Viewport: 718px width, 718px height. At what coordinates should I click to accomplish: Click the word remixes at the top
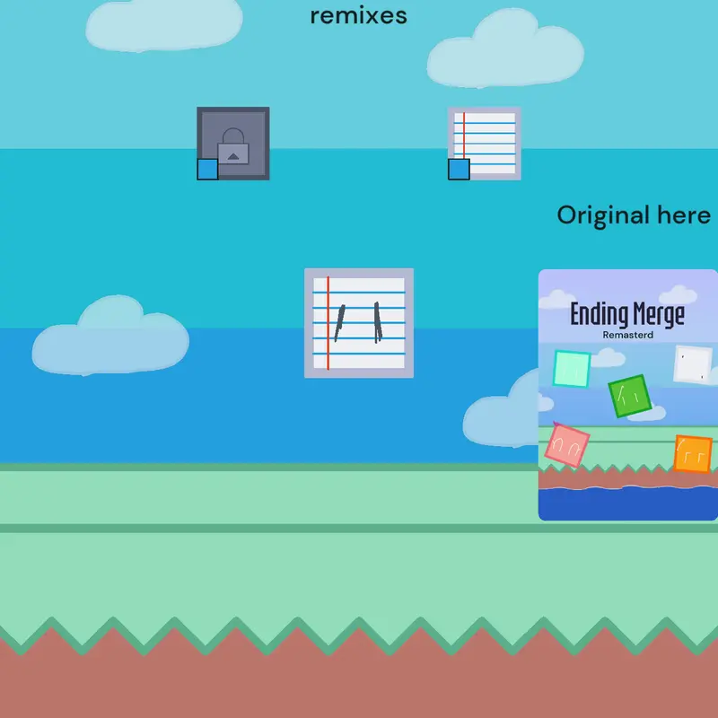358,15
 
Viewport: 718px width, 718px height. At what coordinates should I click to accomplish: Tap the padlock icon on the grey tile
233,146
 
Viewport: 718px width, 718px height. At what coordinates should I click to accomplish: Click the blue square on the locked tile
207,169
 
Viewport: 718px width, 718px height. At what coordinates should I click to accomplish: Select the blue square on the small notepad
459,169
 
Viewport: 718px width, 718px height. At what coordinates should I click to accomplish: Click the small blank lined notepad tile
485,144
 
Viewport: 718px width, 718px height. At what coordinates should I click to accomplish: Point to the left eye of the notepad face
339,323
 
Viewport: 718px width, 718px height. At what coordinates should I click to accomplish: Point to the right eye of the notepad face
378,322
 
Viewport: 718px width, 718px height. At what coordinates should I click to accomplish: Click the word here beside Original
684,215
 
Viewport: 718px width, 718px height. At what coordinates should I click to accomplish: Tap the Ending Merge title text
627,315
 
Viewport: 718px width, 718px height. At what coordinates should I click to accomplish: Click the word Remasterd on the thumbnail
627,335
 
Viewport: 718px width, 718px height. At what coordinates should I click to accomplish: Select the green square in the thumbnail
630,396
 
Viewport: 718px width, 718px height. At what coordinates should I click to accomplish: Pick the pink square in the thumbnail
567,444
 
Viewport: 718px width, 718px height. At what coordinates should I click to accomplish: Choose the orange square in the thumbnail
693,454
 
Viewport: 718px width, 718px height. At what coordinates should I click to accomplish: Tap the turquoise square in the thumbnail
572,369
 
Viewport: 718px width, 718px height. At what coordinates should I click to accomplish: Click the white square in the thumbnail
693,365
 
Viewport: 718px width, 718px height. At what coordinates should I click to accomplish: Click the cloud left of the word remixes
164,25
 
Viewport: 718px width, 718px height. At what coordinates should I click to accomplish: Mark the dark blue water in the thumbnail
627,503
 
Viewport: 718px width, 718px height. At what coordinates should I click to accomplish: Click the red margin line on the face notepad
328,323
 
